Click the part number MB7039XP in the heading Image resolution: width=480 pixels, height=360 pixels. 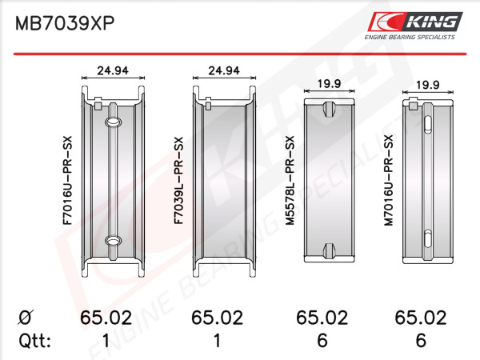[65, 23]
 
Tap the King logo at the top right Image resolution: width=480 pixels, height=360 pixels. [415, 22]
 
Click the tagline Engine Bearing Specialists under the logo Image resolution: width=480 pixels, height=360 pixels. [410, 37]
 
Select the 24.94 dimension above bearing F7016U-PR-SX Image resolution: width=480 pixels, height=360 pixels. [113, 70]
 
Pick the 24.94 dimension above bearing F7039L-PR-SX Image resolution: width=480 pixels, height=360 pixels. [224, 70]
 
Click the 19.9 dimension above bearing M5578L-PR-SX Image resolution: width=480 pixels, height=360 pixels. [329, 83]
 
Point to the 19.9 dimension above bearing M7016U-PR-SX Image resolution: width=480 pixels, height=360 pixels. [427, 85]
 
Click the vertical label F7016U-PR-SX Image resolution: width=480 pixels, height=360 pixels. [67, 181]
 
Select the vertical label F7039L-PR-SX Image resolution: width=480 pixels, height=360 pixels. [178, 181]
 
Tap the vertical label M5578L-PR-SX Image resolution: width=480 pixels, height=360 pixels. [290, 181]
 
